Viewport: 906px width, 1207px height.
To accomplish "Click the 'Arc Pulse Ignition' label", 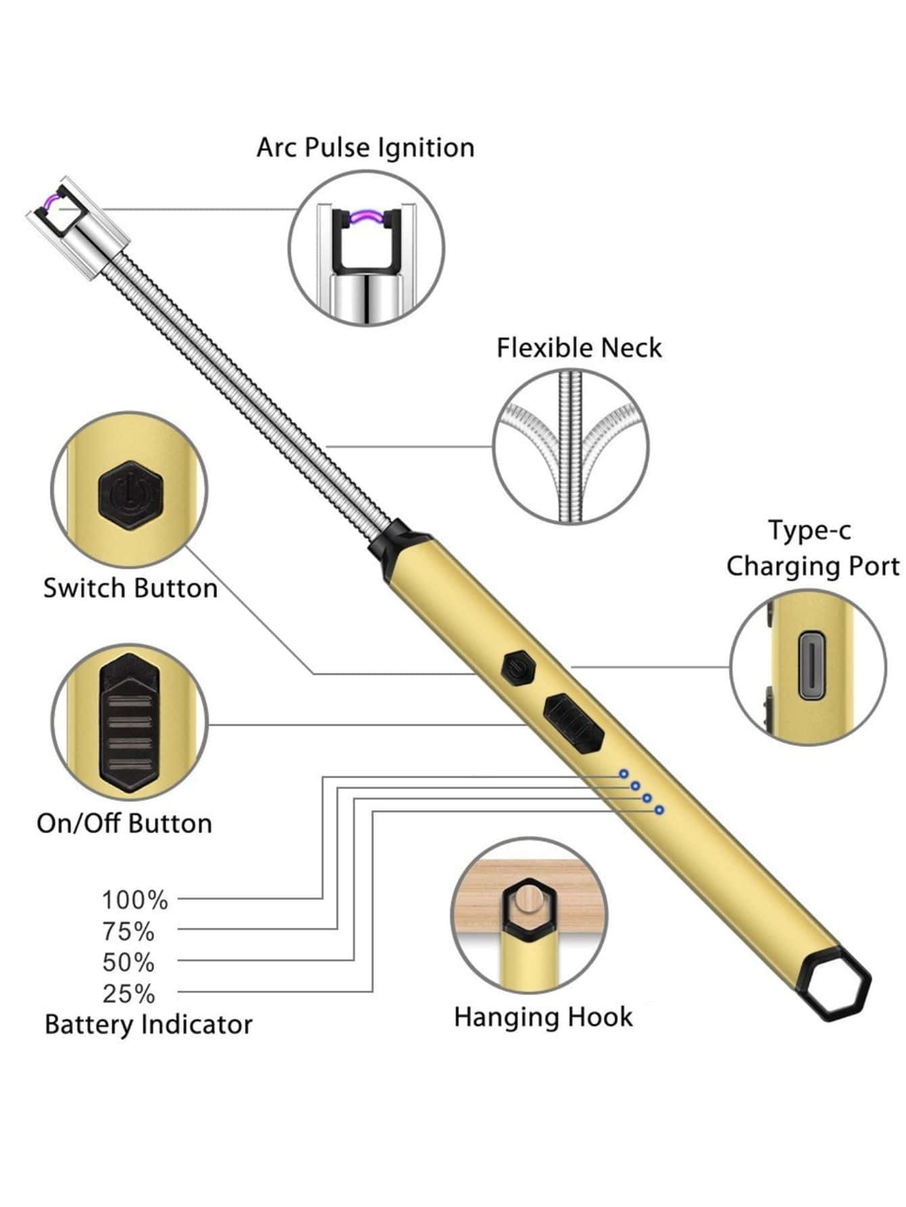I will coord(365,147).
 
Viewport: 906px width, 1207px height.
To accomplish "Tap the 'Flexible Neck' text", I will coord(579,348).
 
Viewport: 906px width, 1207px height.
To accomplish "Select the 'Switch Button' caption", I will coord(130,588).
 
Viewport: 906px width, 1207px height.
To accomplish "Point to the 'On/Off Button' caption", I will coord(124,824).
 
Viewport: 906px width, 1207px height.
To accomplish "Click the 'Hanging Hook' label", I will coord(543,1017).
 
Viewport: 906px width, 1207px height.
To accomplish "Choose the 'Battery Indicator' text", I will coord(148,1024).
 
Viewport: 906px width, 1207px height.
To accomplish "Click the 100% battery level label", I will coord(135,900).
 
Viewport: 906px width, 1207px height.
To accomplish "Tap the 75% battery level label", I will coord(128,932).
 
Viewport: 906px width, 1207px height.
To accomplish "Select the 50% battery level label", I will coord(128,962).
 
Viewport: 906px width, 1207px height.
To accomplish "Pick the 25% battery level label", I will coord(128,994).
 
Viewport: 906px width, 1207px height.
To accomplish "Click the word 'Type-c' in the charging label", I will coord(809,531).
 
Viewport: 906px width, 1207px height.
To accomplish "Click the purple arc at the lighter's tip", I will coord(51,200).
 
